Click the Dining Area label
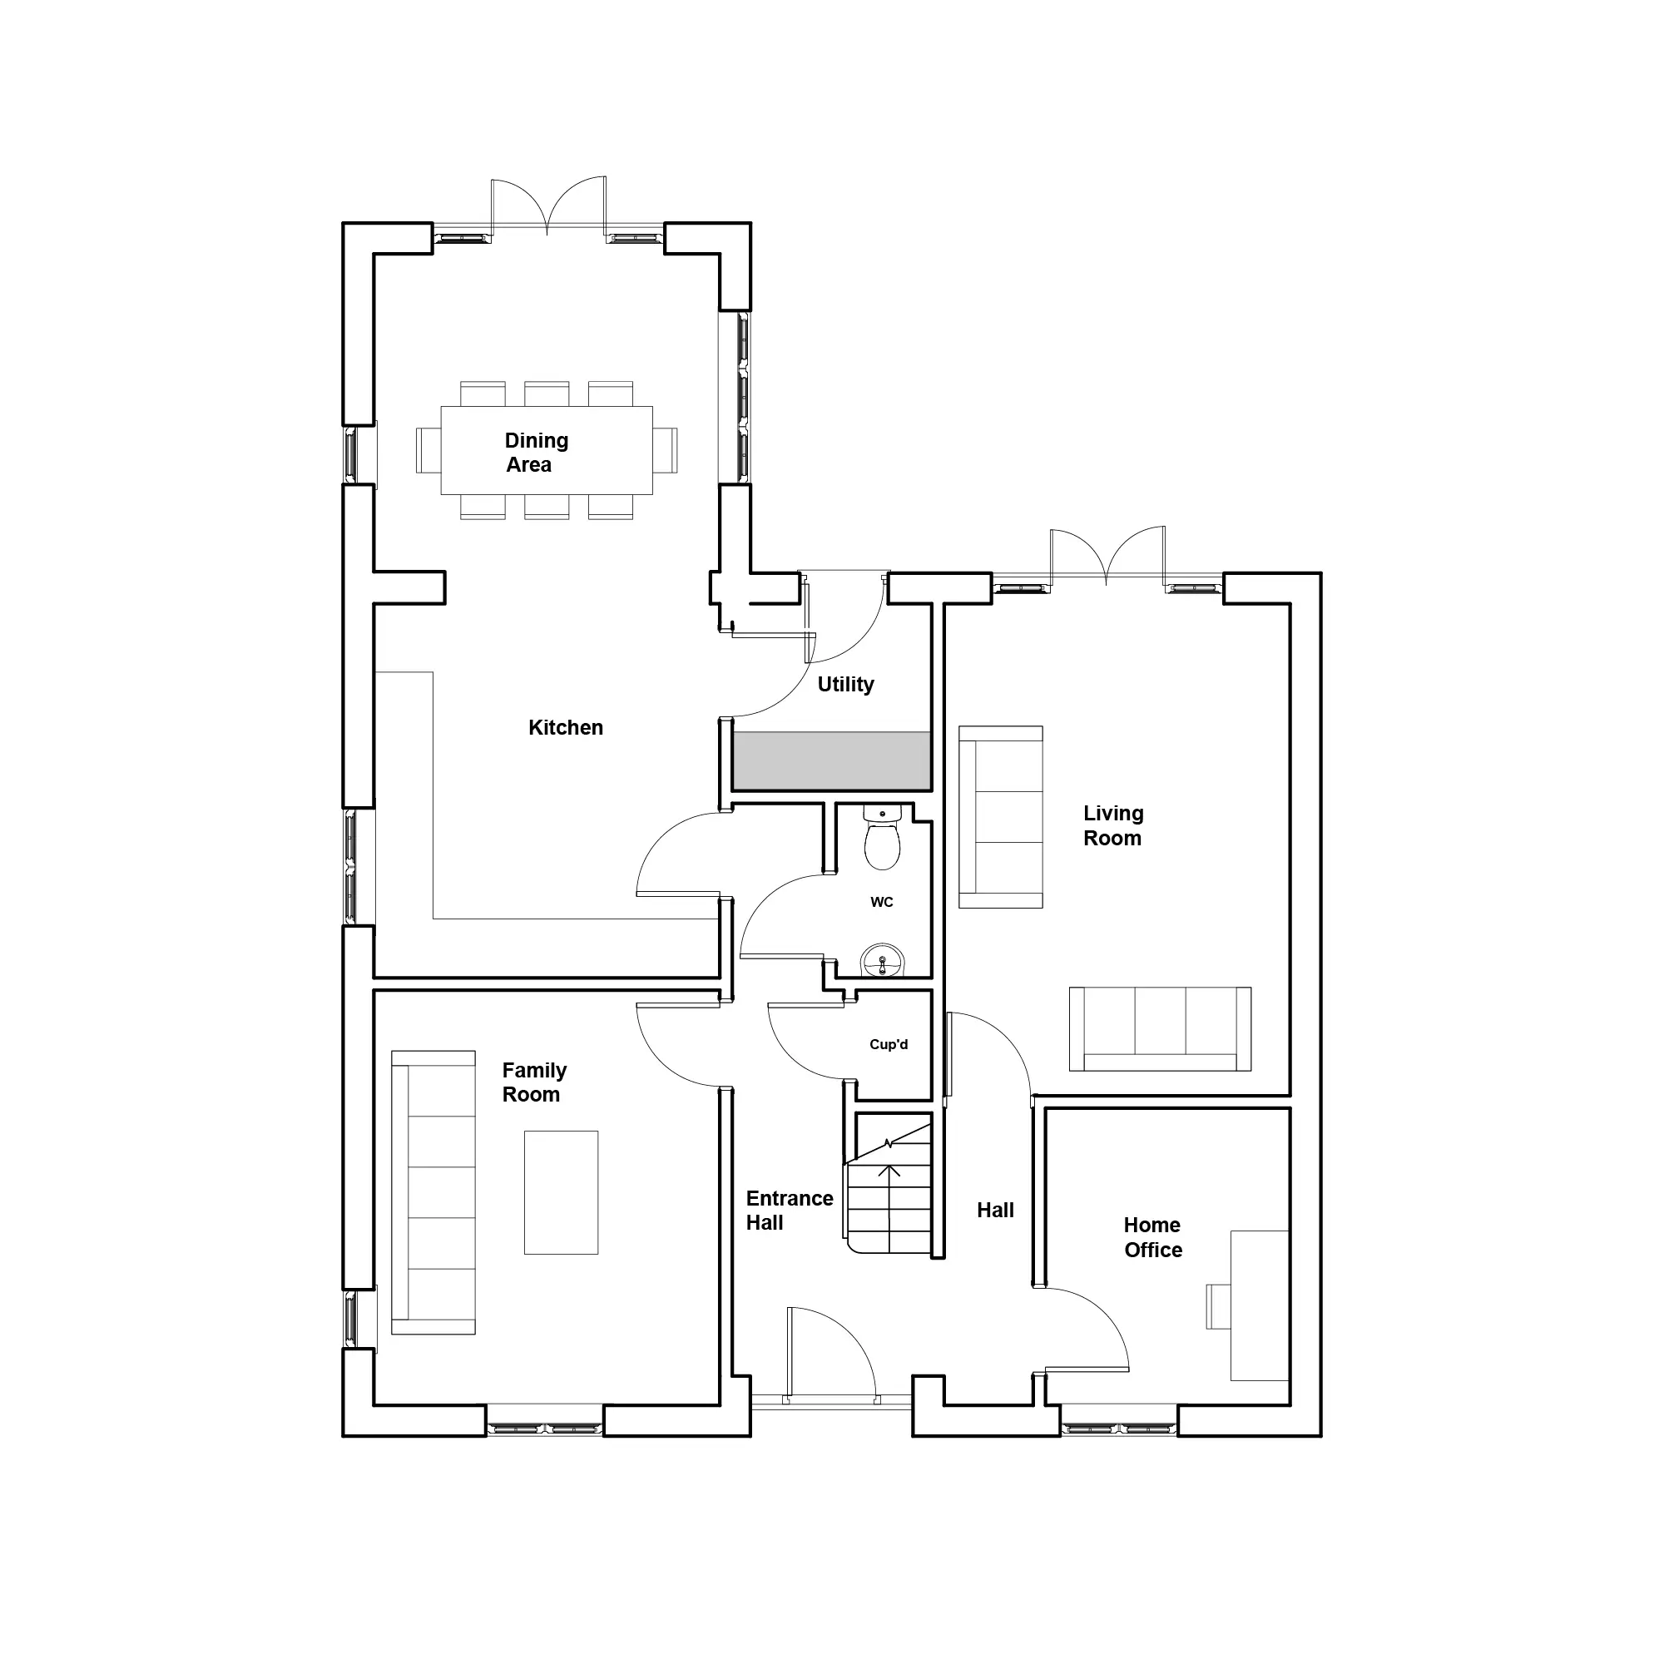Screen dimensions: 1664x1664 click(x=536, y=452)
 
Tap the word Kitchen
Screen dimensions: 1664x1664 click(x=566, y=728)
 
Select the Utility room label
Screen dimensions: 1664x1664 click(x=846, y=685)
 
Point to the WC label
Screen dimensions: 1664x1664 click(x=882, y=902)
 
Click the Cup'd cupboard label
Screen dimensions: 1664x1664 click(x=889, y=1044)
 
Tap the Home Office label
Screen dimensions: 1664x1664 click(x=1152, y=1237)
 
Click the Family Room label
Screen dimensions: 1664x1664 click(x=534, y=1082)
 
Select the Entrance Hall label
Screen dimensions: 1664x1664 click(x=789, y=1210)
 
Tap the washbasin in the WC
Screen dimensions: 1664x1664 click(x=882, y=960)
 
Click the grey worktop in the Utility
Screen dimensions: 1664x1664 click(x=831, y=760)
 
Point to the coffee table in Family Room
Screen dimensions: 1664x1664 click(x=561, y=1192)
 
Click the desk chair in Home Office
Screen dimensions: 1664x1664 click(x=1218, y=1306)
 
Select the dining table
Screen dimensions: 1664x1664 click(x=547, y=450)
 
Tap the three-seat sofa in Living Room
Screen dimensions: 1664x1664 click(x=1160, y=1029)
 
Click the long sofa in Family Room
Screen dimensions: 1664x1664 click(x=433, y=1192)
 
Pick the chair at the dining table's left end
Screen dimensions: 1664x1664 click(x=428, y=450)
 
